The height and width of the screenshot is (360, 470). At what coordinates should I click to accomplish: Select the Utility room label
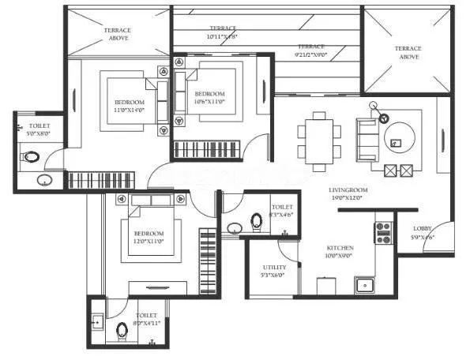[x=275, y=268]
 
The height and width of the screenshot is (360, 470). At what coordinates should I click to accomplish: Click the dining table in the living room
[x=319, y=141]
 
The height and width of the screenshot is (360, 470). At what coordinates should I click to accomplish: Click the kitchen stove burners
[x=384, y=231]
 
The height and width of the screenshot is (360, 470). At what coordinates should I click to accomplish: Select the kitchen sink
[x=364, y=285]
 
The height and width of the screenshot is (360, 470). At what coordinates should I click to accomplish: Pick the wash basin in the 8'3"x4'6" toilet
[x=235, y=229]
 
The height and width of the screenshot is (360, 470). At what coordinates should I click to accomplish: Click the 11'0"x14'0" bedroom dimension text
[x=129, y=111]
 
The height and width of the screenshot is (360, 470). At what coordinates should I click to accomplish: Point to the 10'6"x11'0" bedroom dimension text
[x=210, y=102]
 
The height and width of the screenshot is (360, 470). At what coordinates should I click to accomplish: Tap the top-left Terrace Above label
[x=117, y=34]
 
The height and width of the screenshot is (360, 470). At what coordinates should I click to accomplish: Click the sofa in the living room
[x=367, y=138]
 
